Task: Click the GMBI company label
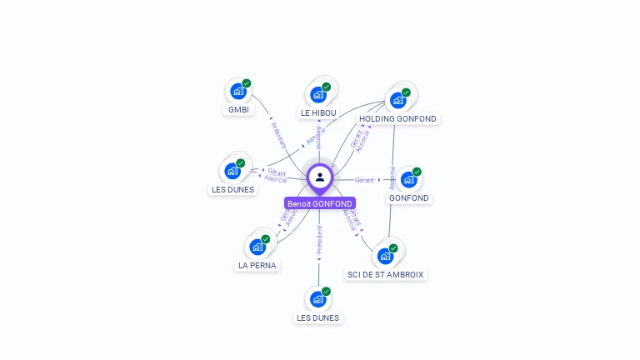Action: [238, 110]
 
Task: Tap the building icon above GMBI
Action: [237, 91]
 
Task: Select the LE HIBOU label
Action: [318, 113]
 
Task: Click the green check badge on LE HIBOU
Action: [327, 87]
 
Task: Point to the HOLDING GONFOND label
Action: [397, 119]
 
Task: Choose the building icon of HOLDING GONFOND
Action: [398, 100]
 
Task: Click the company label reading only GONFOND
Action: [408, 198]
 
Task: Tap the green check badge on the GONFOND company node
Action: [417, 172]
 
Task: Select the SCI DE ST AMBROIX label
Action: [385, 275]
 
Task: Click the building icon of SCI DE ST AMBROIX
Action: [385, 255]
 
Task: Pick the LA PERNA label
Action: [257, 266]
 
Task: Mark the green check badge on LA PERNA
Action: [266, 239]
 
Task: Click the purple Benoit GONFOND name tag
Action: [320, 203]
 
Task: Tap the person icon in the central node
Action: [320, 177]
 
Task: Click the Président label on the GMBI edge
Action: [279, 135]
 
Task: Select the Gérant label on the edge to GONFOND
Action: [364, 180]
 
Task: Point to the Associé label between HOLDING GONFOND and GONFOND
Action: [392, 177]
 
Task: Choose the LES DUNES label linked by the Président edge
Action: [318, 317]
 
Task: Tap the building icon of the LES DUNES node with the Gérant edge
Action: [232, 171]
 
